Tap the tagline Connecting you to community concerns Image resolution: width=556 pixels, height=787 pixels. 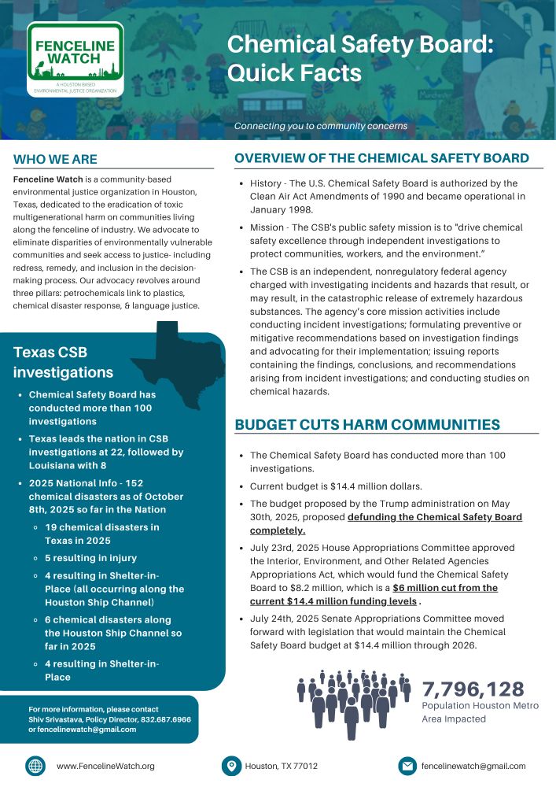(x=321, y=126)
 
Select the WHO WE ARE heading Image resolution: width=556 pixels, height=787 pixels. (x=55, y=160)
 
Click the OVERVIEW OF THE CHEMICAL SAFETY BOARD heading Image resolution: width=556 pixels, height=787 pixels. (x=381, y=158)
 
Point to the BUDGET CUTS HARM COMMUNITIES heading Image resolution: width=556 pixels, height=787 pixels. (x=367, y=425)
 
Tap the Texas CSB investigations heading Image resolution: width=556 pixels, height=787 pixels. (x=63, y=362)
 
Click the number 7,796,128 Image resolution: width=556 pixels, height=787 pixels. (x=473, y=689)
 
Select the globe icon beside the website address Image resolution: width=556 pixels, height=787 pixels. (x=35, y=766)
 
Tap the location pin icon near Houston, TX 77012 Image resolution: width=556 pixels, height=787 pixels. (x=231, y=766)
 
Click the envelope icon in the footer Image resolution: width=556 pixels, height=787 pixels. (x=407, y=766)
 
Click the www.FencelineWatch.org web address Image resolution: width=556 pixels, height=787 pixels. (x=105, y=766)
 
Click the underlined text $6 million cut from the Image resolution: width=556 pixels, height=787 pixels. (x=445, y=587)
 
